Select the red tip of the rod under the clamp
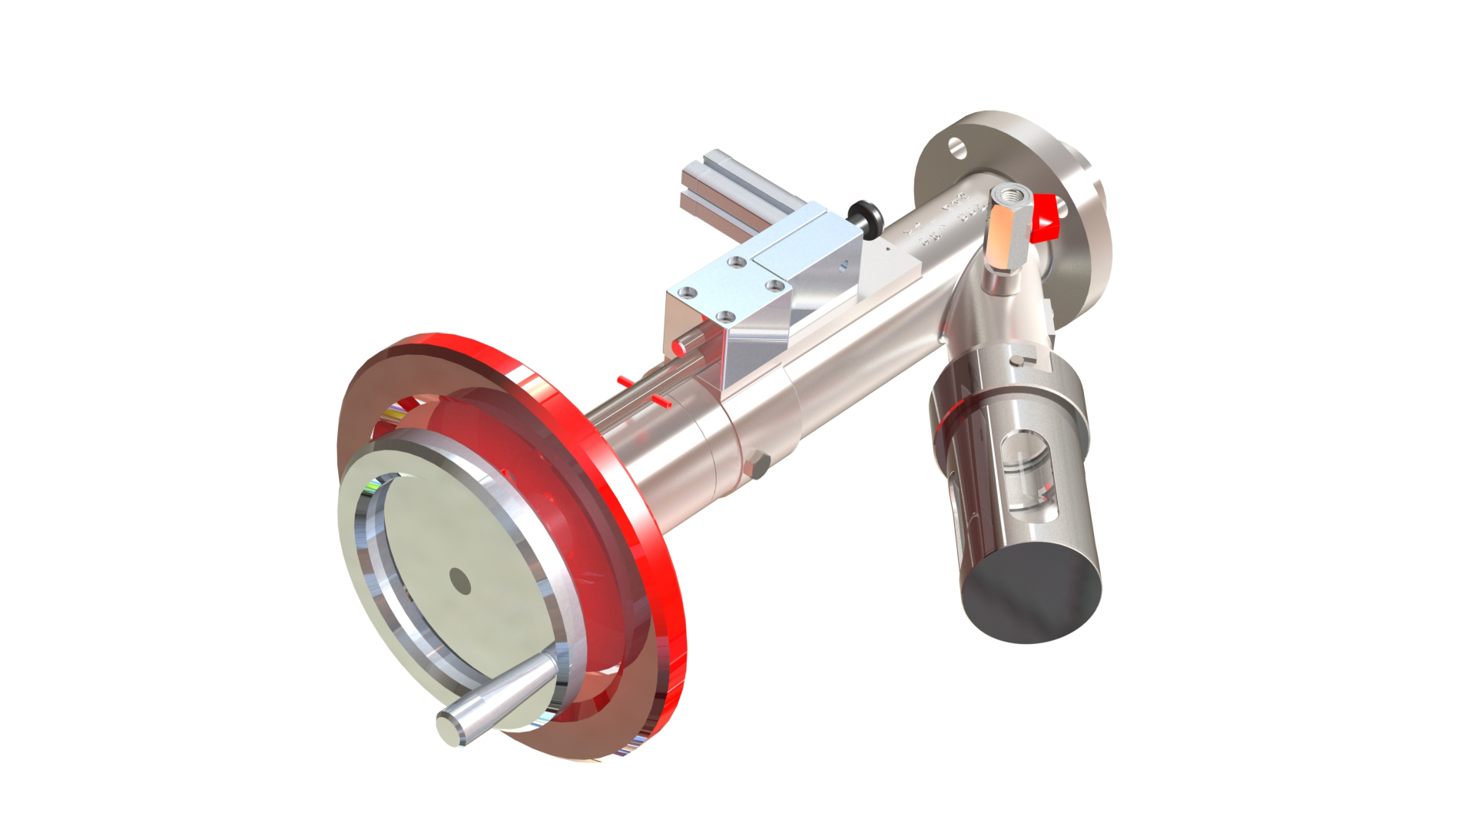pyautogui.click(x=679, y=347)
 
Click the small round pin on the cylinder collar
pyautogui.click(x=1019, y=361)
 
